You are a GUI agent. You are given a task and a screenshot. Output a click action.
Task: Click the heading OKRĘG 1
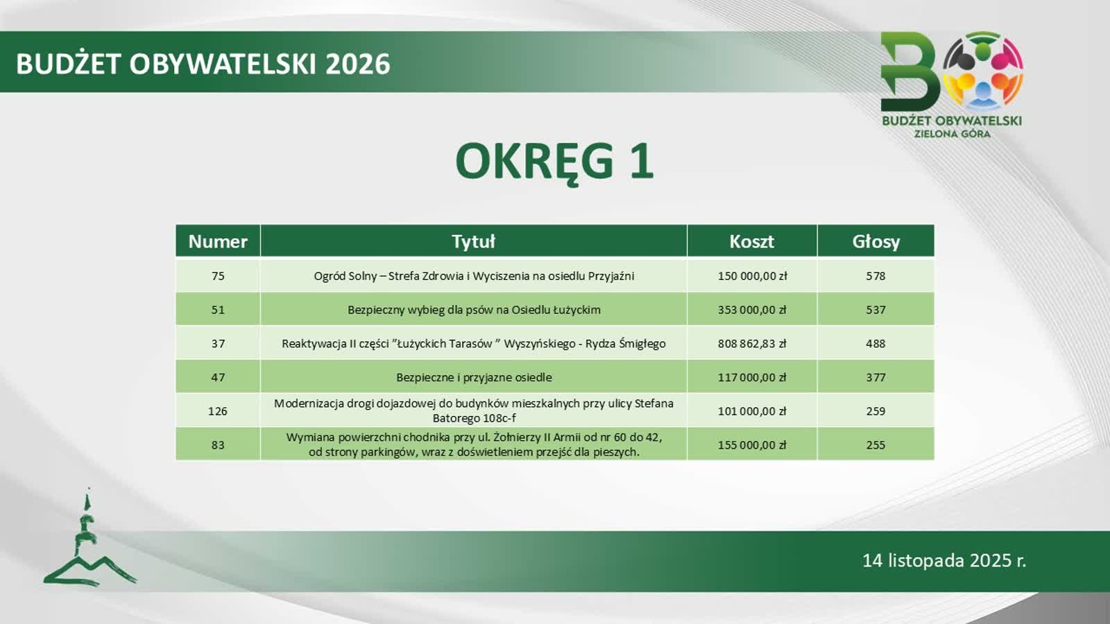(x=554, y=162)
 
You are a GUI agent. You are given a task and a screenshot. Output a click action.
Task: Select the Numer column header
(x=218, y=241)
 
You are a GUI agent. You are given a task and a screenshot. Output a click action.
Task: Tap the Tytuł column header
(x=473, y=241)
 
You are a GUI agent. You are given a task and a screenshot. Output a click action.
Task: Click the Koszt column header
(x=751, y=241)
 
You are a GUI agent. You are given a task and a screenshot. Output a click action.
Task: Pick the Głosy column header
(x=876, y=242)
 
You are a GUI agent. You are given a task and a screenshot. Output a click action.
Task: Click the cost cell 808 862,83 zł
(x=752, y=343)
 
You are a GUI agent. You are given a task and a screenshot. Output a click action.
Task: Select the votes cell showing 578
(x=876, y=276)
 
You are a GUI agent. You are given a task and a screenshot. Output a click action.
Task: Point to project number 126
(x=218, y=411)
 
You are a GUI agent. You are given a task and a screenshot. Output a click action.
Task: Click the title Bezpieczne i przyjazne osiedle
(x=474, y=377)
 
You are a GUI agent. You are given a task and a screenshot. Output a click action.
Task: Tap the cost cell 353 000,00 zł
(x=752, y=309)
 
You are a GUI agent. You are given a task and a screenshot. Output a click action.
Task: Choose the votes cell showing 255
(x=876, y=444)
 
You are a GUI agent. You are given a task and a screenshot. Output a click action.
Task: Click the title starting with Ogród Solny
(x=474, y=277)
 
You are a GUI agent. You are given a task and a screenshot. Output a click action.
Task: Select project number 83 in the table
(x=218, y=444)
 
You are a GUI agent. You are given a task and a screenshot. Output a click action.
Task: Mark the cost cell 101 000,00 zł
(x=752, y=411)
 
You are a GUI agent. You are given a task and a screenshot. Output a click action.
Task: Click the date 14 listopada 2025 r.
(x=944, y=560)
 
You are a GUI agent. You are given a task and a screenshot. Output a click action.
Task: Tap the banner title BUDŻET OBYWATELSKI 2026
(x=203, y=64)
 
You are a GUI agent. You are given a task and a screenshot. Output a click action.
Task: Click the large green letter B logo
(x=910, y=72)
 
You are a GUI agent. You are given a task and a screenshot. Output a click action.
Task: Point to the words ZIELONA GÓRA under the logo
(x=952, y=134)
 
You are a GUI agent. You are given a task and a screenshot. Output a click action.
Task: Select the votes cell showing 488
(x=876, y=343)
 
